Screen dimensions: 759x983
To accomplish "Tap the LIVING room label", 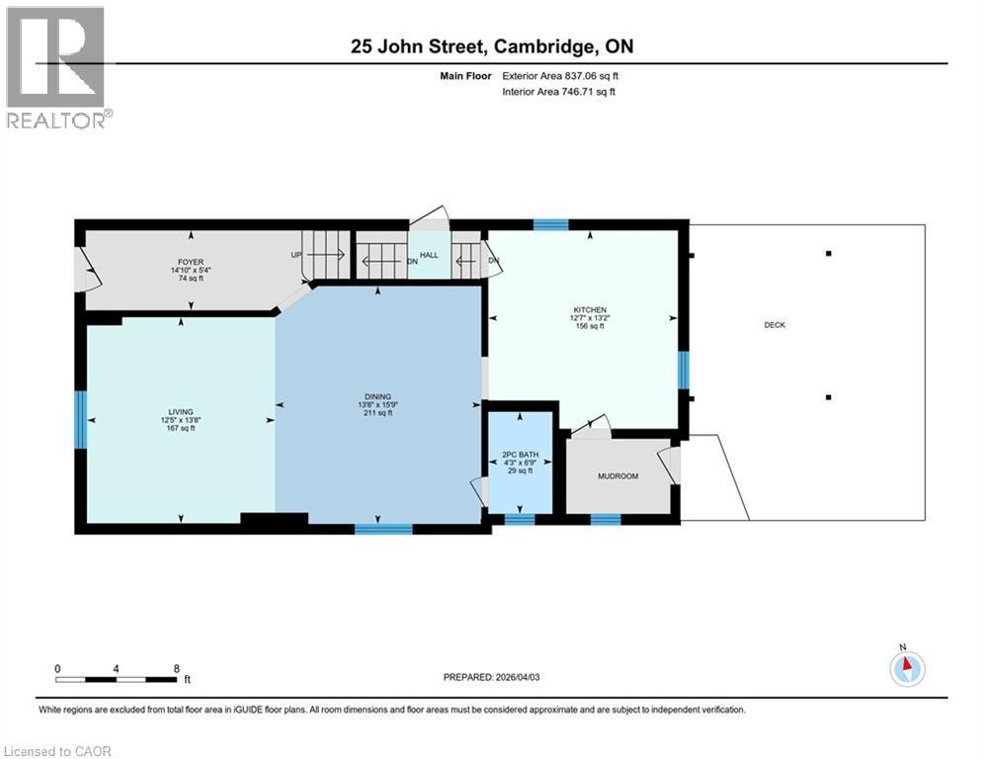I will (180, 412).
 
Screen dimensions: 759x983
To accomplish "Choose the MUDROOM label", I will (617, 476).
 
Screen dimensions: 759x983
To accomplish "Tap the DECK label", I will (775, 325).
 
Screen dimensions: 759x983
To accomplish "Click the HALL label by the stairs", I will (429, 255).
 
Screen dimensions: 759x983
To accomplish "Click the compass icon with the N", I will (906, 669).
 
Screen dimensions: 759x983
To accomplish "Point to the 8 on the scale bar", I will (176, 668).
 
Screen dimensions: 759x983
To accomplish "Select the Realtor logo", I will (56, 67).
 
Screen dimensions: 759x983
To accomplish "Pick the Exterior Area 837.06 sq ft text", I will (560, 75).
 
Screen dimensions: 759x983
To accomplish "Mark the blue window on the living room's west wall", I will (81, 419).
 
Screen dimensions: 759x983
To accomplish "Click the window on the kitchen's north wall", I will (550, 224).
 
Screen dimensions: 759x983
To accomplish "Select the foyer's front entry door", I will (86, 269).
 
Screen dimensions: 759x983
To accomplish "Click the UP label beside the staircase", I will (295, 255).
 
